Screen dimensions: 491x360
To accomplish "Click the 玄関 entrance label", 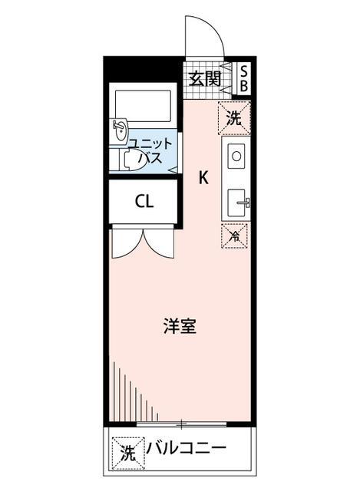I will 206,78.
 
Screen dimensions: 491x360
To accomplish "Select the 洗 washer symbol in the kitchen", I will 234,117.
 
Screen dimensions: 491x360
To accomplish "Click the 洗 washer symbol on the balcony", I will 127,450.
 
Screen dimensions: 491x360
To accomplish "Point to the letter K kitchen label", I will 203,178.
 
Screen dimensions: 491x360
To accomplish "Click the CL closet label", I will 144,202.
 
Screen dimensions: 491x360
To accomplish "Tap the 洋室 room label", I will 180,325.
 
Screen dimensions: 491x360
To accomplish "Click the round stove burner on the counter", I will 236,156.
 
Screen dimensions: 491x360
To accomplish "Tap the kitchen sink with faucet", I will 237,203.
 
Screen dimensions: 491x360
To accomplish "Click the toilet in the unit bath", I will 135,160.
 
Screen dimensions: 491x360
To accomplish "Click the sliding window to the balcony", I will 181,423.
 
